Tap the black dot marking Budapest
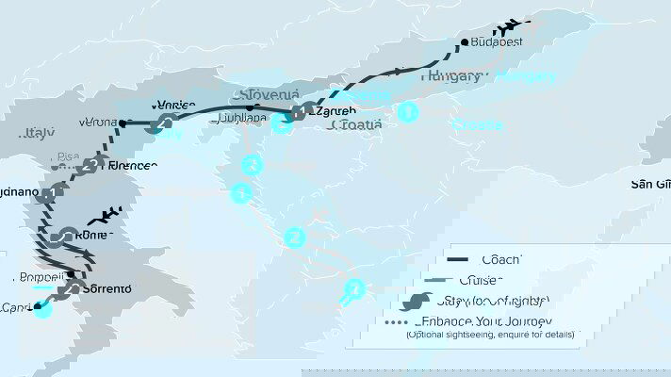pos(465,42)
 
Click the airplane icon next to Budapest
pos(515,25)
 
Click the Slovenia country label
pos(270,94)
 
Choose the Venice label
pos(177,106)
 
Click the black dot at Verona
pos(123,123)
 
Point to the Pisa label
pos(68,157)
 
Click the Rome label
pos(95,235)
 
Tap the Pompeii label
pos(40,277)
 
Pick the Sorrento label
pos(107,289)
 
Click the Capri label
pos(15,308)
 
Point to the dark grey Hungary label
pos(452,75)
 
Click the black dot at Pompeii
pos(70,275)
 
